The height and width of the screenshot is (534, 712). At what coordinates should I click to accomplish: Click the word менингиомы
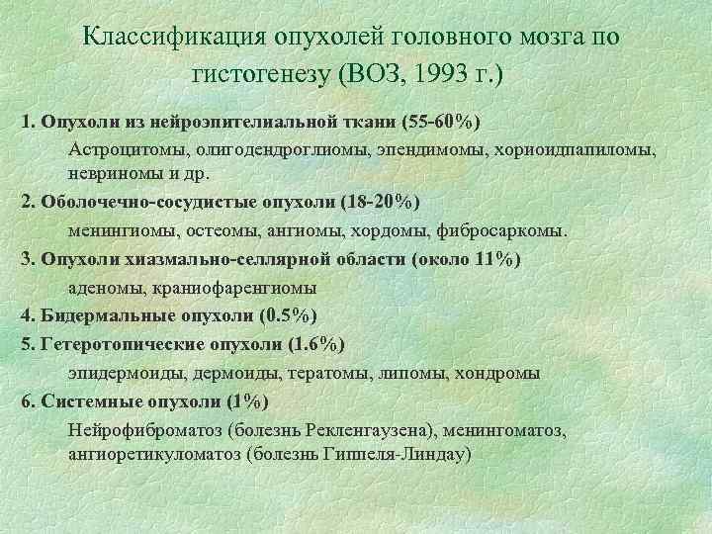click(116, 230)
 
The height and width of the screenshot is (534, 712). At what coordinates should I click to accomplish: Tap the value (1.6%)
click(313, 344)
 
